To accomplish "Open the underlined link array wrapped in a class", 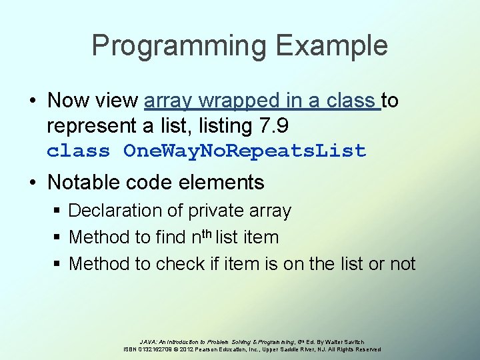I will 261,101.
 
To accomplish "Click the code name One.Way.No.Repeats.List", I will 245,151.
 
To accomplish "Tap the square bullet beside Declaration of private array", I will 58,211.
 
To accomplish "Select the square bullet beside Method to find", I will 58,238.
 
